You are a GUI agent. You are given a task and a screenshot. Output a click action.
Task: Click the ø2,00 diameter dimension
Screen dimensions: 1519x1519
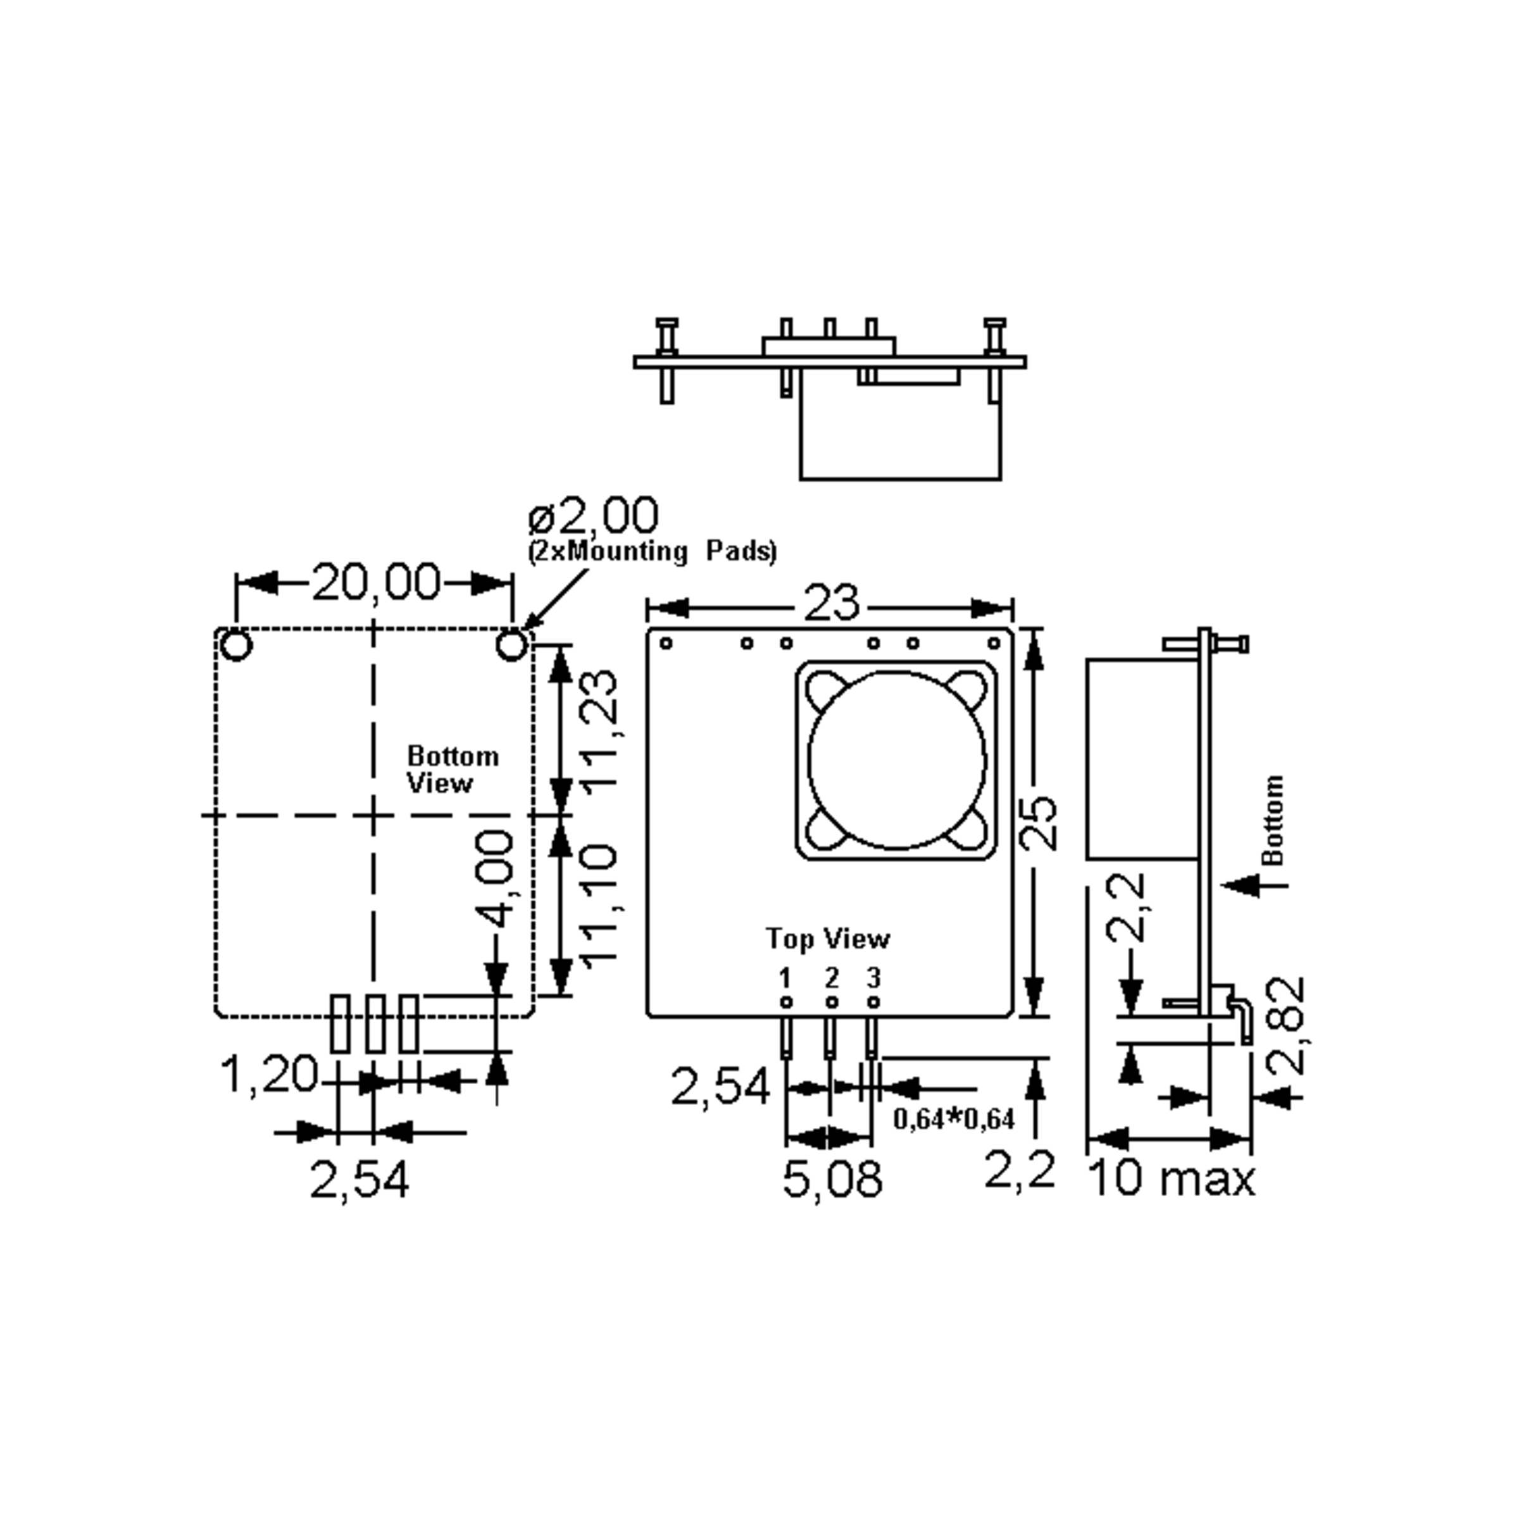pos(594,516)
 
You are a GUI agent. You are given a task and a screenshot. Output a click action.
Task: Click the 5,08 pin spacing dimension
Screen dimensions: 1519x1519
pos(832,1179)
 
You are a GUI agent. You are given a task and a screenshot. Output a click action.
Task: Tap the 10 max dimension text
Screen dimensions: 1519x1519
pos(1170,1179)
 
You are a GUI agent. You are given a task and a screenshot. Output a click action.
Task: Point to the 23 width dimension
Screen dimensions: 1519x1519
pos(831,604)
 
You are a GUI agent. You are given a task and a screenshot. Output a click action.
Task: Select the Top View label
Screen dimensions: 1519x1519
pos(827,938)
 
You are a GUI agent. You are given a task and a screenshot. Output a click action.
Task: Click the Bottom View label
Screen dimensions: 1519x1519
pos(451,770)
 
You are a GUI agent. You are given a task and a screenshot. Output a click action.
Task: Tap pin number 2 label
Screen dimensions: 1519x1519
pos(831,978)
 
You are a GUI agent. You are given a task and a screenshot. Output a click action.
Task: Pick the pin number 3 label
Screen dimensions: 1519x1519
pos(873,978)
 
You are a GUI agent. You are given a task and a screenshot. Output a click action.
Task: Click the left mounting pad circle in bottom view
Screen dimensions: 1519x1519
pos(237,646)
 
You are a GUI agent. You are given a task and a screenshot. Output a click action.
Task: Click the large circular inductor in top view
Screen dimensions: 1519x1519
pos(896,759)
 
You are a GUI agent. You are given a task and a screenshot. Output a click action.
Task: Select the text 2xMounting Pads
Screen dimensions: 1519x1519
pos(652,551)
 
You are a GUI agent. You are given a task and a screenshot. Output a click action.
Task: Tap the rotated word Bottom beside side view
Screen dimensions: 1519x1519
pos(1272,819)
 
